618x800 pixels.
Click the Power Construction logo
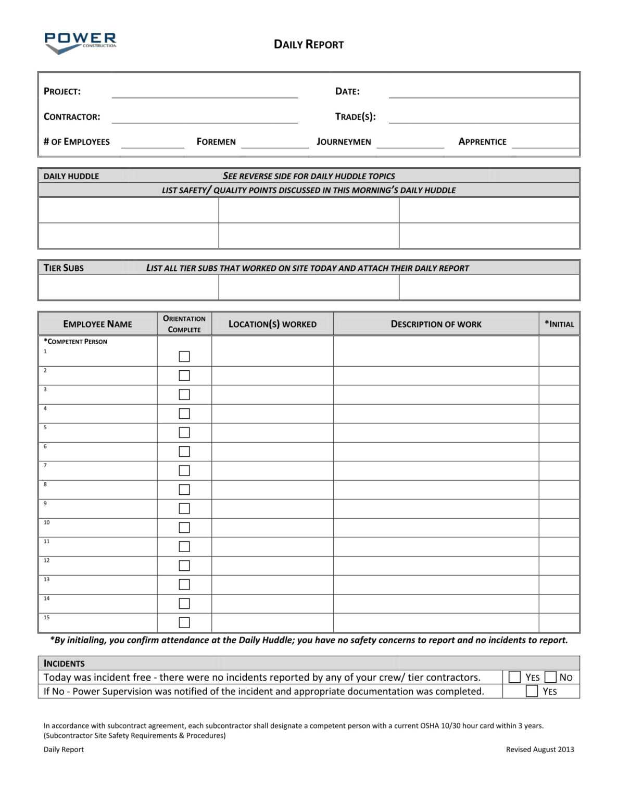pyautogui.click(x=80, y=43)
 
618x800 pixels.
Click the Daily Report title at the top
pyautogui.click(x=308, y=44)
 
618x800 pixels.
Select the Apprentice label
pyautogui.click(x=482, y=142)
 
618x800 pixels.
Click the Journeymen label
pyautogui.click(x=344, y=142)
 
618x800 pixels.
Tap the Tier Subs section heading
pyautogui.click(x=64, y=268)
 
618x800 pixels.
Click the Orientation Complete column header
pyautogui.click(x=184, y=324)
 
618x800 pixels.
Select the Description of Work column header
pyautogui.click(x=436, y=324)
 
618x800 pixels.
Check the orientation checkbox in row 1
pyautogui.click(x=184, y=356)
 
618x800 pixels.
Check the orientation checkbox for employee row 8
pyautogui.click(x=184, y=490)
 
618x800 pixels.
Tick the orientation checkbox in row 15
pyautogui.click(x=184, y=622)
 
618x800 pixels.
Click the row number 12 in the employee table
pyautogui.click(x=46, y=560)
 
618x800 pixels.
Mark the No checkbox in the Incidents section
pyautogui.click(x=550, y=677)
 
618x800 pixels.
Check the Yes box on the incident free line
pyautogui.click(x=514, y=677)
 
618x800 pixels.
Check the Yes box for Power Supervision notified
pyautogui.click(x=532, y=691)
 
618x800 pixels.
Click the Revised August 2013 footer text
pyautogui.click(x=539, y=749)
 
